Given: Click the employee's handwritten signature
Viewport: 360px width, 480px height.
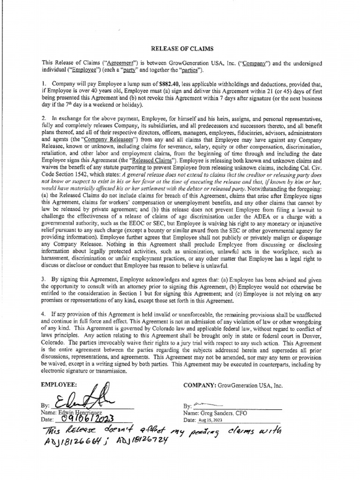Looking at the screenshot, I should [82, 398].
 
